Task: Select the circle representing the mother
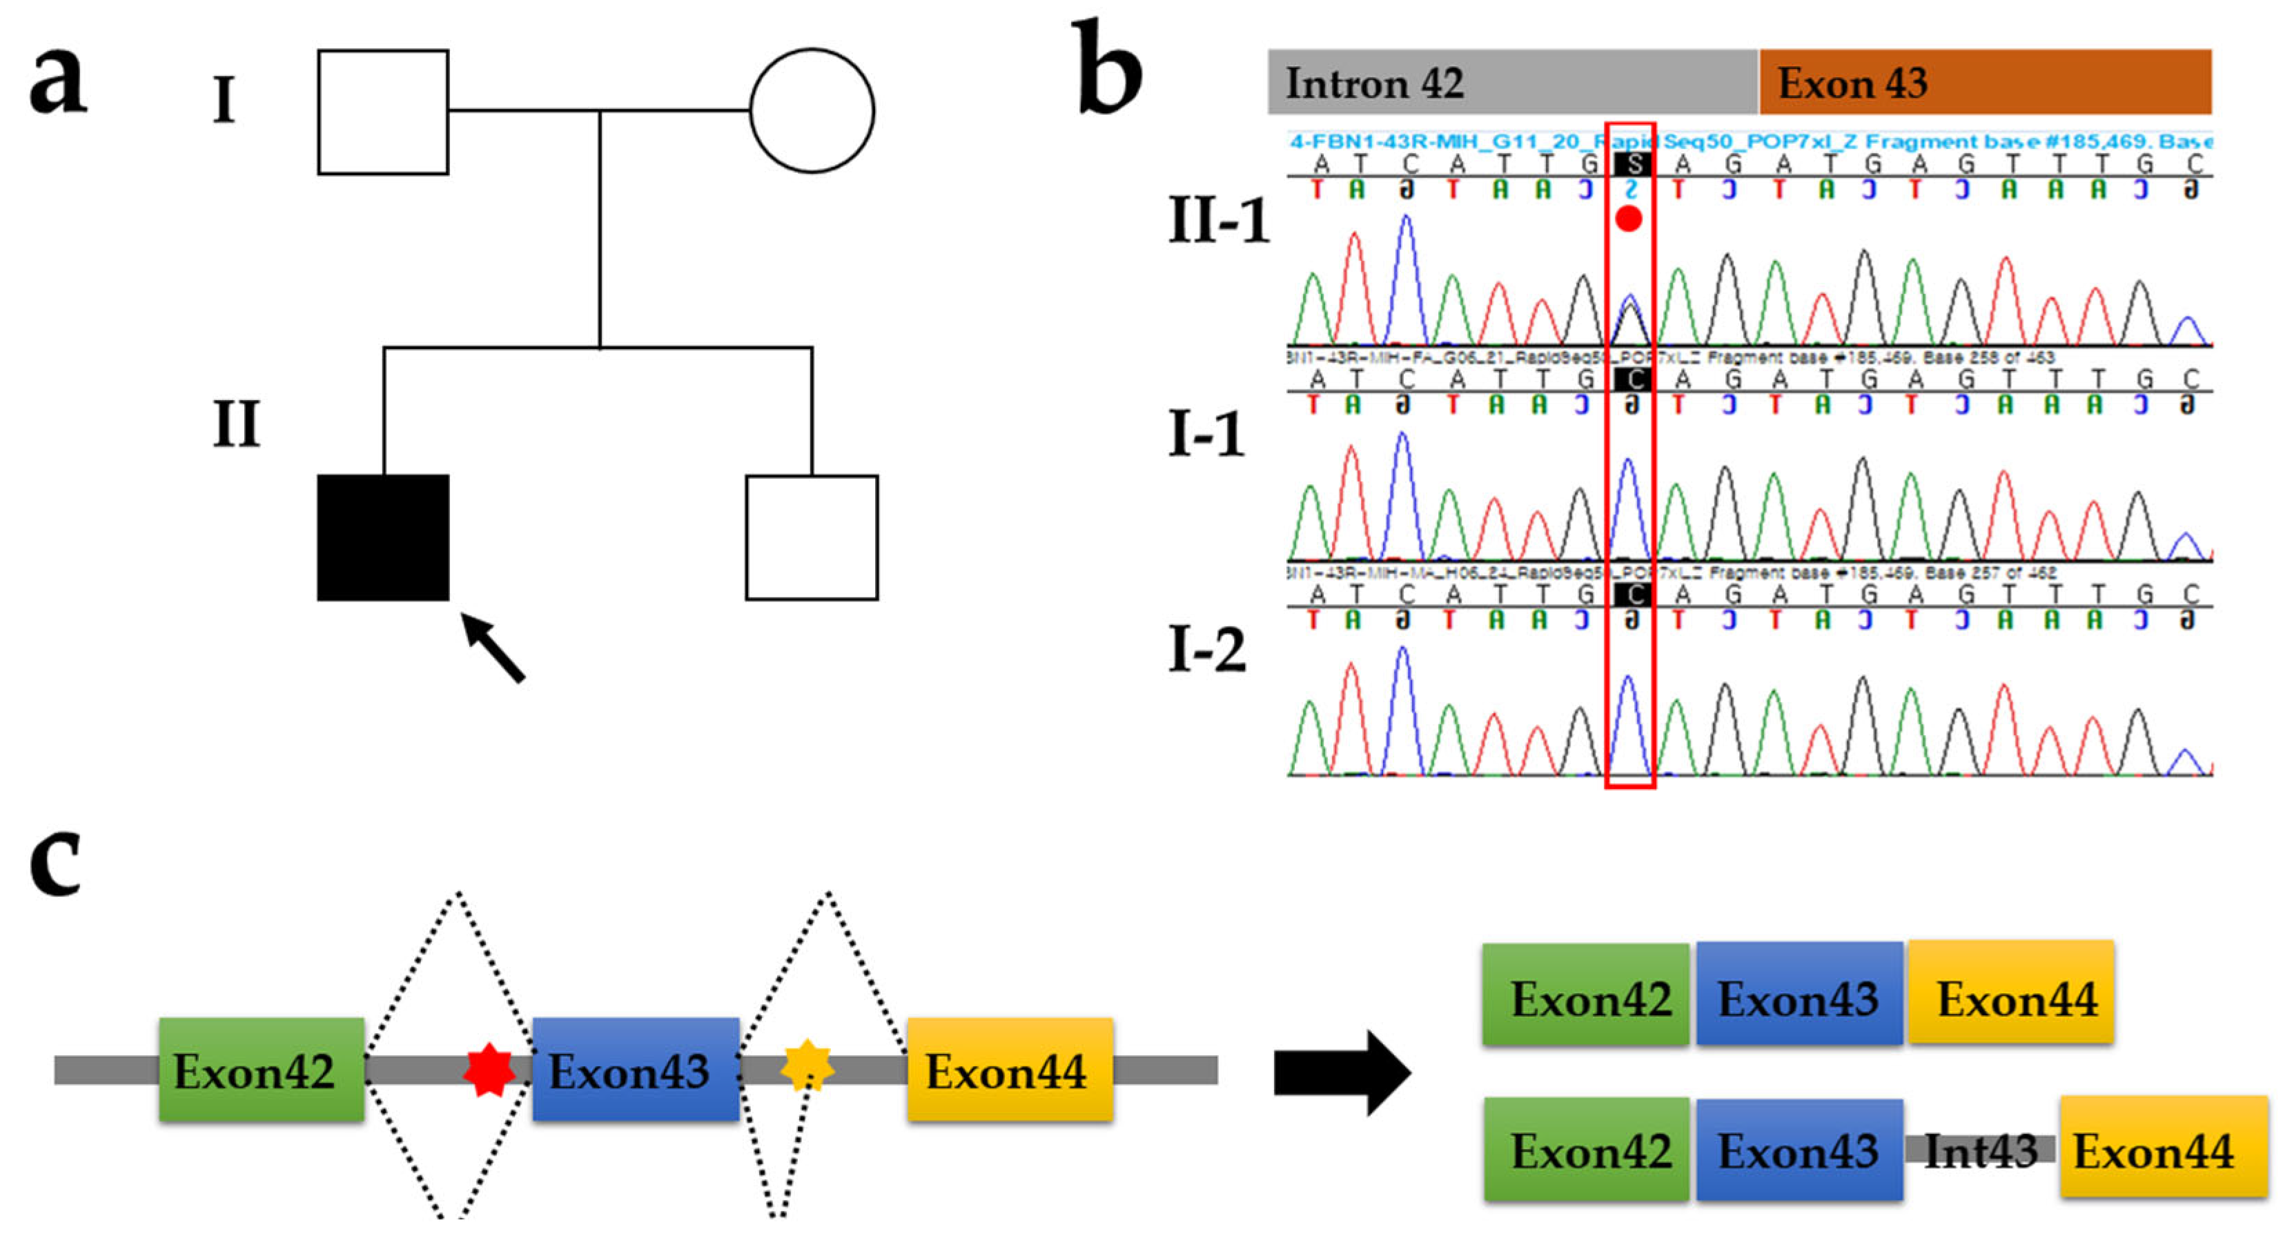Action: [x=812, y=110]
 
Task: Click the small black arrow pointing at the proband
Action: [x=493, y=647]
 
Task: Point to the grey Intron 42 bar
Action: [x=1511, y=82]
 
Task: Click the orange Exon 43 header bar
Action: [x=1984, y=82]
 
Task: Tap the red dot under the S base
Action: [x=1629, y=218]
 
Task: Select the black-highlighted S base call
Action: [x=1632, y=163]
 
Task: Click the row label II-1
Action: [x=1218, y=220]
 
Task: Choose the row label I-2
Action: [x=1206, y=650]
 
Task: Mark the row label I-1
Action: [x=1206, y=434]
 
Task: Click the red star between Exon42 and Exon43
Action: [x=489, y=1069]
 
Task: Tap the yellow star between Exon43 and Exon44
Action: [x=807, y=1065]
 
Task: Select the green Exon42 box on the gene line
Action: [x=261, y=1069]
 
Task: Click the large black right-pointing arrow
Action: [x=1341, y=1072]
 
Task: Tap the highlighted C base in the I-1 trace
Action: [x=1632, y=379]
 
